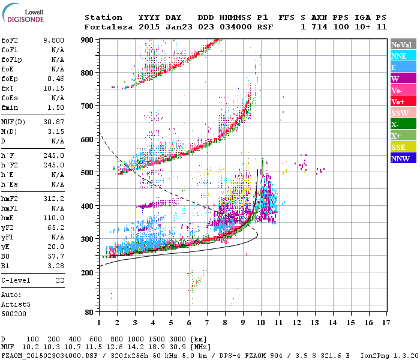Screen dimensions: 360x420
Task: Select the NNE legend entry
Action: tap(398, 56)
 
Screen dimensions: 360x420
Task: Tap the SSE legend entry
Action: tap(398, 147)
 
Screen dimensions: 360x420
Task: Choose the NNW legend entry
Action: tap(400, 158)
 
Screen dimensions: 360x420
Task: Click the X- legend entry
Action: tap(395, 124)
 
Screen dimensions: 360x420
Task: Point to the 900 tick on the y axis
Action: tap(87, 40)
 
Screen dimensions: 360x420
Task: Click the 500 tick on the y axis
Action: tap(87, 173)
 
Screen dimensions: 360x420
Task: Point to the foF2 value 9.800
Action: tap(53, 41)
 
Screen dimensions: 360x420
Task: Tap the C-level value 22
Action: tap(60, 280)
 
